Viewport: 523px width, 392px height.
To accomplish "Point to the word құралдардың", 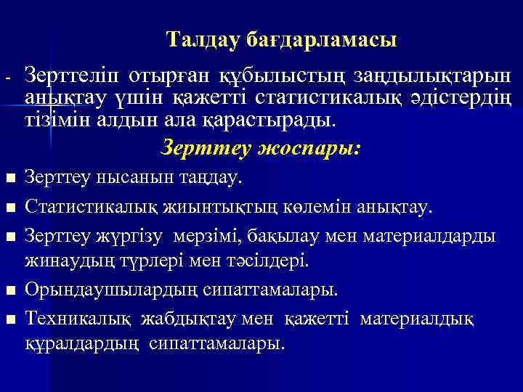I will pos(81,341).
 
